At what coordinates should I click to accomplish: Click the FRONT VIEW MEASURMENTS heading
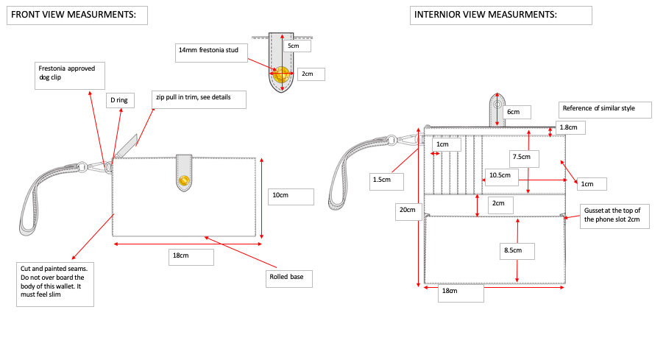pos(77,15)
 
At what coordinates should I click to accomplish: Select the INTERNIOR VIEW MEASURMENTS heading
pos(500,15)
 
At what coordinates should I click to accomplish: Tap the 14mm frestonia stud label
pos(211,53)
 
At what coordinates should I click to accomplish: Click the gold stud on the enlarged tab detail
pos(281,74)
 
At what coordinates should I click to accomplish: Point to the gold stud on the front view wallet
pos(184,180)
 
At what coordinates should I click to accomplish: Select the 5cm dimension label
pos(297,46)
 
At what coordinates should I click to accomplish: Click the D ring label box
pos(120,100)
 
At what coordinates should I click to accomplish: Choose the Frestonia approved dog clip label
pos(70,76)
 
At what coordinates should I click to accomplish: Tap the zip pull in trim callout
pos(199,99)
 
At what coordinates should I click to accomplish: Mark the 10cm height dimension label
pos(291,197)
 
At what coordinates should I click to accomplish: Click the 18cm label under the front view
pos(191,257)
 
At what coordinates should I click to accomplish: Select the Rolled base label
pos(289,279)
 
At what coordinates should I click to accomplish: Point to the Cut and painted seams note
pos(55,284)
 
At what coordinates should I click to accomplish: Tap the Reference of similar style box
pos(605,110)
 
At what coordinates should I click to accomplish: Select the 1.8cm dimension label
pos(570,127)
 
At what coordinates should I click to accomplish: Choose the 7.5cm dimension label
pos(525,158)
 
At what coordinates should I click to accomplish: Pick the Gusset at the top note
pos(614,216)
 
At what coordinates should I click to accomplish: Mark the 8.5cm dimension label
pos(517,251)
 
